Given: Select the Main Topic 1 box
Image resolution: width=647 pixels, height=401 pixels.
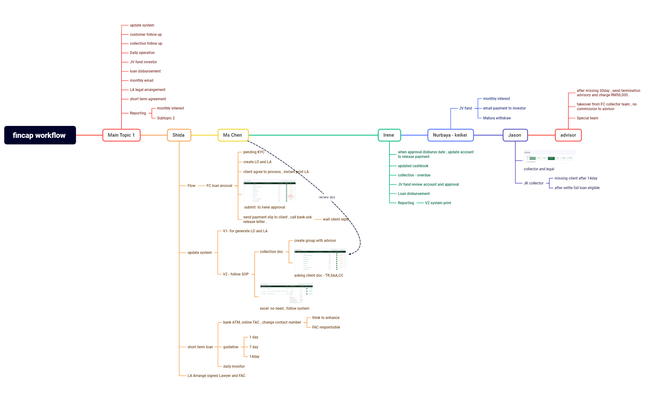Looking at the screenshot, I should (x=121, y=135).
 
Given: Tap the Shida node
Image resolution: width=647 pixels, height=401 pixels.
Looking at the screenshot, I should (x=179, y=135).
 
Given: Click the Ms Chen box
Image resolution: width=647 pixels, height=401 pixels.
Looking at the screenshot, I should (x=233, y=135).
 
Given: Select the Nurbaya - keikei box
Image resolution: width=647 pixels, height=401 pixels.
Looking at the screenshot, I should (x=450, y=135).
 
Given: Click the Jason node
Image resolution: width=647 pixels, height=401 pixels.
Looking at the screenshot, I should (x=515, y=135).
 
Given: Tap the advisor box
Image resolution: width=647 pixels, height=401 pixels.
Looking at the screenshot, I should (x=568, y=135).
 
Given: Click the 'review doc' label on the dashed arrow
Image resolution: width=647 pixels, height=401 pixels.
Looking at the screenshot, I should (x=327, y=197).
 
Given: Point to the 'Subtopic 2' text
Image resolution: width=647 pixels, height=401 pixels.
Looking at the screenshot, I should (x=166, y=118).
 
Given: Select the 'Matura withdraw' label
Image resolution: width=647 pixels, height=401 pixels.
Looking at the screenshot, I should (x=497, y=118).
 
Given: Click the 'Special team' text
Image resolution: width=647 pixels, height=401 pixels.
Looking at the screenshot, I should (x=587, y=118).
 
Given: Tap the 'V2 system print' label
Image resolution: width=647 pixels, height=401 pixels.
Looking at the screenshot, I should (x=438, y=203).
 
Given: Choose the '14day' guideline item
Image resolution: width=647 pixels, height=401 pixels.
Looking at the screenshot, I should (x=254, y=357).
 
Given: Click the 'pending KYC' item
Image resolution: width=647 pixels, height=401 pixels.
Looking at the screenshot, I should (x=253, y=152).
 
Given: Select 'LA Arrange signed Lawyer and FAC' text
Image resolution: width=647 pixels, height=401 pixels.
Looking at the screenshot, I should (x=216, y=376).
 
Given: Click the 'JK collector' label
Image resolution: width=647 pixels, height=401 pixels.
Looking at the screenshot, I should (x=533, y=183).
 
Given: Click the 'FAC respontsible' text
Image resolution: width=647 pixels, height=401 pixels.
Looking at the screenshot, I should (x=326, y=327).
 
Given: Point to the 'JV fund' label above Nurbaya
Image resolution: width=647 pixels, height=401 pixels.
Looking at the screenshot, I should (x=465, y=108).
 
